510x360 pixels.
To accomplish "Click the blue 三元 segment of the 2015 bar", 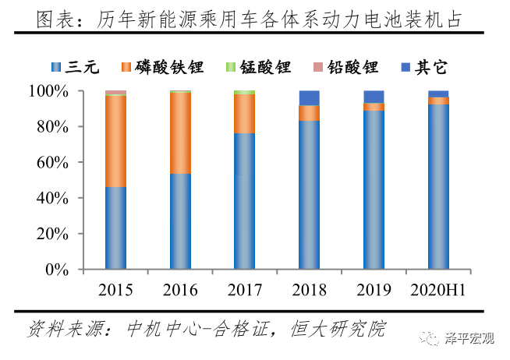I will tap(115, 228).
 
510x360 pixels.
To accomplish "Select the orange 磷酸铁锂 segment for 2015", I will tap(115, 141).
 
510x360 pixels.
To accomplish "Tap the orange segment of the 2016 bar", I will tap(180, 132).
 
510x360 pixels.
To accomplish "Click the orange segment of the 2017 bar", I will tap(245, 114).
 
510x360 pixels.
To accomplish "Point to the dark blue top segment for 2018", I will tap(310, 97).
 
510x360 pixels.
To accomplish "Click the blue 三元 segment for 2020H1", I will tap(438, 186).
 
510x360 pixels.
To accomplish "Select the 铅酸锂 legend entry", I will tap(347, 68).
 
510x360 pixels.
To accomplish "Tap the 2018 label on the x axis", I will tap(310, 291).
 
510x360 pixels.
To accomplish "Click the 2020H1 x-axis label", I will tap(438, 291).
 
